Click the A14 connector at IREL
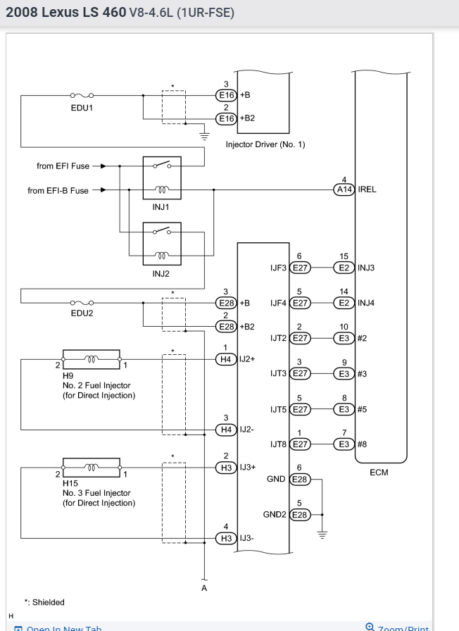point(344,189)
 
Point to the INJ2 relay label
point(162,274)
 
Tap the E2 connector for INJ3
point(344,268)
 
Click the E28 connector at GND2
point(300,514)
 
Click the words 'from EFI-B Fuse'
point(60,189)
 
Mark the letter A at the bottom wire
point(204,589)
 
